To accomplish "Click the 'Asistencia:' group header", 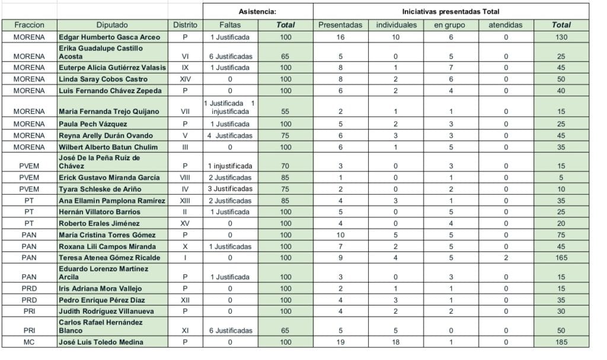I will (x=257, y=11).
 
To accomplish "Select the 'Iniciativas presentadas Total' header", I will (x=451, y=11).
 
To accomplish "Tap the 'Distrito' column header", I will (x=185, y=25).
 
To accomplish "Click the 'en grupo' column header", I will (x=449, y=25).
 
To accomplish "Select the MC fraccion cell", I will (x=29, y=342).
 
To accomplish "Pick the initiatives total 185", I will (x=561, y=342).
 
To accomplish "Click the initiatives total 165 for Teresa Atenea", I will (x=561, y=258).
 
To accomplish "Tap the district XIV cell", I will (x=185, y=79).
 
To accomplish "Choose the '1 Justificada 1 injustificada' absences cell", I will (x=229, y=107).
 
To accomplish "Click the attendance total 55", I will (x=286, y=111).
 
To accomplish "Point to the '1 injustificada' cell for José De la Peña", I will (x=230, y=166).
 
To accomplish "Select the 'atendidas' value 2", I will (x=505, y=258).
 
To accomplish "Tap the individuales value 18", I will (x=396, y=342).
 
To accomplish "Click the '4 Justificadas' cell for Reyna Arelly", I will (x=230, y=135).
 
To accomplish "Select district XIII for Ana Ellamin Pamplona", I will (x=185, y=200).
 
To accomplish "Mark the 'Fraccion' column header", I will (x=29, y=25).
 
